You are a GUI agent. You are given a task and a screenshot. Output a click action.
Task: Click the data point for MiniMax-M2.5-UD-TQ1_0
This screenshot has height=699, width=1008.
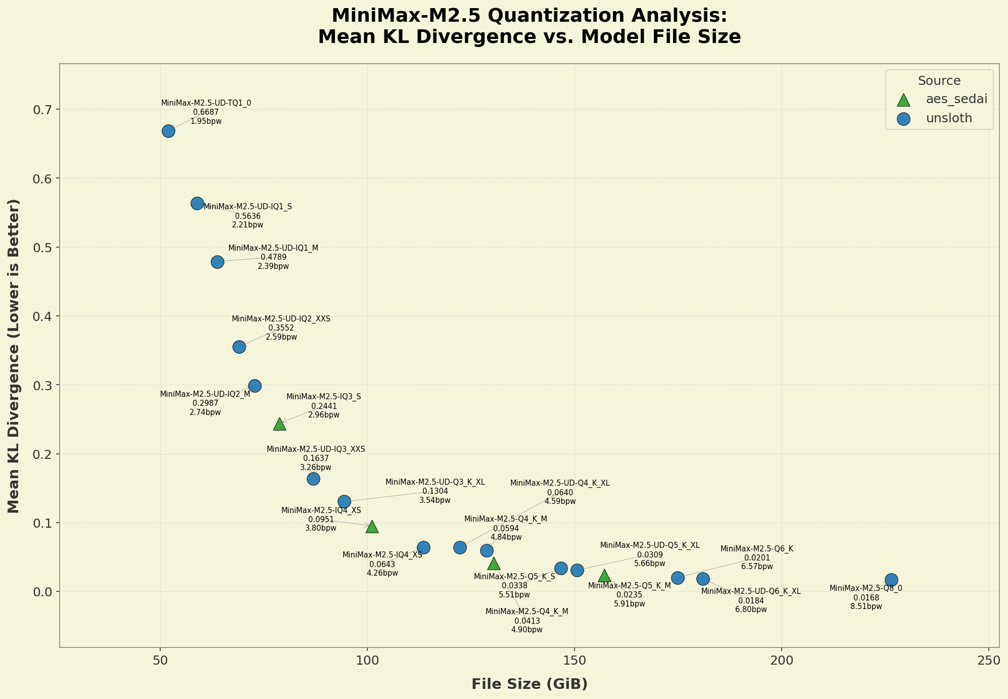pos(168,131)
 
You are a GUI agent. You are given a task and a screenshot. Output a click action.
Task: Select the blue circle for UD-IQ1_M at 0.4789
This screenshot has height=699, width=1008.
pos(217,262)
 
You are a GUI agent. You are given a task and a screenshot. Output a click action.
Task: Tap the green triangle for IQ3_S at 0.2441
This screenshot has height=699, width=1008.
pos(279,424)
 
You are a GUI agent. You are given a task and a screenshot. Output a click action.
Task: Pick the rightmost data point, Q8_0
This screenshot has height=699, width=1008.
pos(891,580)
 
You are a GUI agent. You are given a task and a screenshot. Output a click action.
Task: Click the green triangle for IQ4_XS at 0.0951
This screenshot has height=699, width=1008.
pos(372,527)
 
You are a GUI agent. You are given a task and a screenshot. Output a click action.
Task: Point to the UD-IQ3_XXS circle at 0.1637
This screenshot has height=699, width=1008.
pos(313,479)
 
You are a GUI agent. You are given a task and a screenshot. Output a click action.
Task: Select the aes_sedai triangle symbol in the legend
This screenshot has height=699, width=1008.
pos(903,100)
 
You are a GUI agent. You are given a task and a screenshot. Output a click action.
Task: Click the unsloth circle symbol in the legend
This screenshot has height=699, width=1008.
pos(903,119)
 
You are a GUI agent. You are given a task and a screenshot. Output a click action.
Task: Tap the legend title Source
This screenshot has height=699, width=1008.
pos(939,81)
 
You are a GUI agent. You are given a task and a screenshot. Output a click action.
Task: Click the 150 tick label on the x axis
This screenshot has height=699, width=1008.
pos(574,662)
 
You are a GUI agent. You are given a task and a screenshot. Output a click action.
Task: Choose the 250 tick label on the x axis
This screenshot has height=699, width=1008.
pos(989,662)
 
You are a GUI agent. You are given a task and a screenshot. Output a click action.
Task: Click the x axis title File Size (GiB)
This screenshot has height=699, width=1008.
pos(530,684)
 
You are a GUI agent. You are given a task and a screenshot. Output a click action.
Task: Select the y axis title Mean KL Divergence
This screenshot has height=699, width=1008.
pos(14,356)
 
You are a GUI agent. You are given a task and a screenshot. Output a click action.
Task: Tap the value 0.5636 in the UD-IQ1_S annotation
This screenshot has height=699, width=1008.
pos(248,216)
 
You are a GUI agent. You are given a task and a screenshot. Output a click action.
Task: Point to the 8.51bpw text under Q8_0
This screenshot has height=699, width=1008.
pos(866,607)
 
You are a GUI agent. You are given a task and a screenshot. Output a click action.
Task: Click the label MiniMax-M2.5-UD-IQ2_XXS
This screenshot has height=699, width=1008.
pos(281,319)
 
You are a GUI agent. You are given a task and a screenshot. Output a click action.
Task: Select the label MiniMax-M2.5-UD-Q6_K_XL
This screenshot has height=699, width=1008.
pos(751,591)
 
